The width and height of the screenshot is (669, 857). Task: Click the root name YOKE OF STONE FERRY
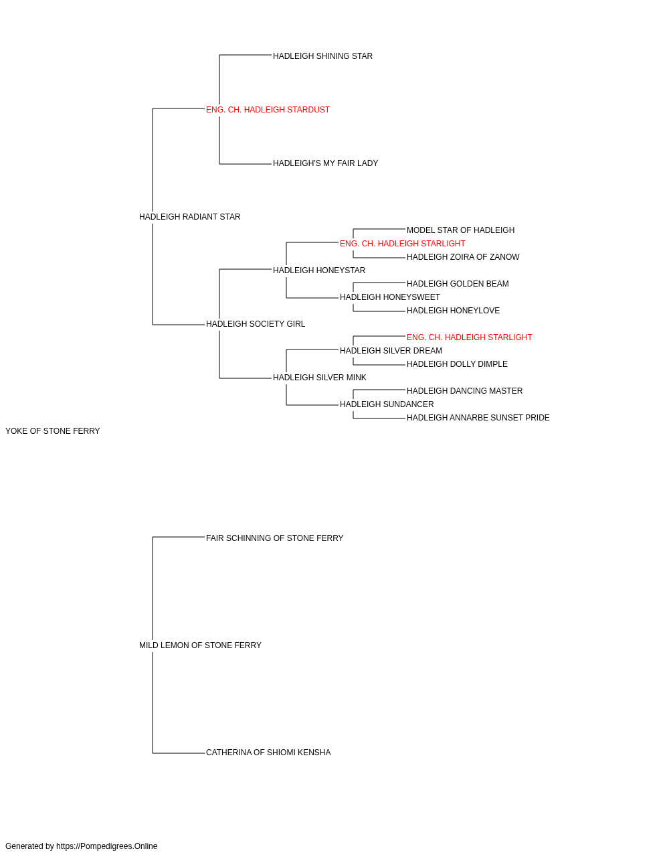52,431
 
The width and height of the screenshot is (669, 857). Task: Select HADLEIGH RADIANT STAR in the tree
189,217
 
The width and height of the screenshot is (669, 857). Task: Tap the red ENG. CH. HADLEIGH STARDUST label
268,110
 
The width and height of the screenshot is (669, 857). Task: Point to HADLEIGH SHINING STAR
322,56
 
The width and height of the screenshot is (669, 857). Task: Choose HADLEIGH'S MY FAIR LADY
325,163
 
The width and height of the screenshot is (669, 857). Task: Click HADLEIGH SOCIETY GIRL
256,324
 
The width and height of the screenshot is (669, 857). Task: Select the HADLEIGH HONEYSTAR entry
318,270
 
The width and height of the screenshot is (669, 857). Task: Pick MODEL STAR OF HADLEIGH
460,230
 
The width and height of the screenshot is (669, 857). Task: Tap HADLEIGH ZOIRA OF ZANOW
462,257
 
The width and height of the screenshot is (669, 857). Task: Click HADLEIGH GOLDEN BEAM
458,284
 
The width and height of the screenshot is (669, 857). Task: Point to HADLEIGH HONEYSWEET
389,297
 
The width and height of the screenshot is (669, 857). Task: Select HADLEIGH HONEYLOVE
453,311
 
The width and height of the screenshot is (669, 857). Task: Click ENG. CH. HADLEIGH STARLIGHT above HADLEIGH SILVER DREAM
469,337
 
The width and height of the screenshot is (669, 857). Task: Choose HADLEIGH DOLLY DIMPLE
457,364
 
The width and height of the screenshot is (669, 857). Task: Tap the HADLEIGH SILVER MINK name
319,378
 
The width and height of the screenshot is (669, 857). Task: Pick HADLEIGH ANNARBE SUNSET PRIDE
478,418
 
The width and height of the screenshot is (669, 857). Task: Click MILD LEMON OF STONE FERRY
200,645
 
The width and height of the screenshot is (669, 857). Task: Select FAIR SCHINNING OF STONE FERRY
274,538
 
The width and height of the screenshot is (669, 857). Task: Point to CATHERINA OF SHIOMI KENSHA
268,753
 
